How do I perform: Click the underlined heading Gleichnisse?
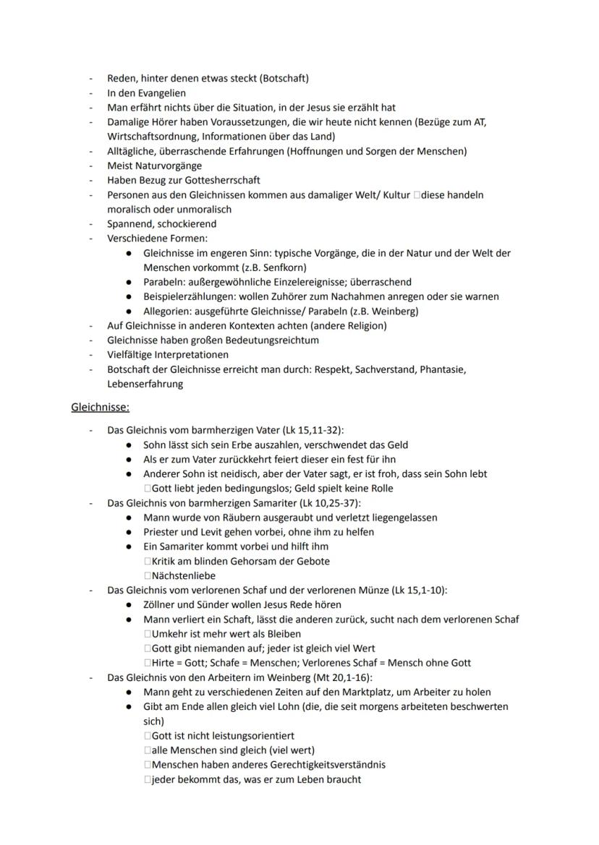point(100,407)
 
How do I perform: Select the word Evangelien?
point(158,93)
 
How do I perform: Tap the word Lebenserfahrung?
point(145,384)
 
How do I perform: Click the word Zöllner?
point(161,604)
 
